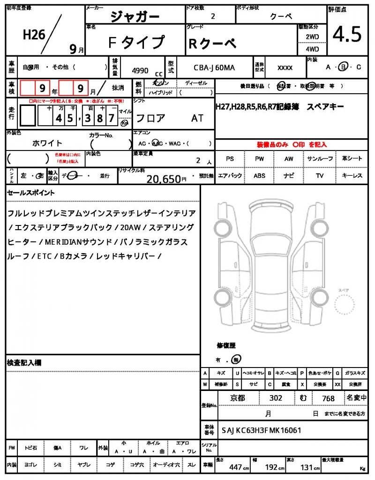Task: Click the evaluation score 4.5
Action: coord(347,34)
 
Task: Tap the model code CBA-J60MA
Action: coord(215,68)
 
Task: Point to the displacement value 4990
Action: coord(140,71)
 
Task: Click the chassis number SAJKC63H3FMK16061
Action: coord(261,430)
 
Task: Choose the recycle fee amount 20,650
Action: coord(164,179)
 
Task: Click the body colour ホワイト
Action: coord(47,143)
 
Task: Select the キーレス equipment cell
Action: coord(352,176)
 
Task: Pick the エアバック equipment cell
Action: coord(230,176)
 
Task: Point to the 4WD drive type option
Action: coord(312,49)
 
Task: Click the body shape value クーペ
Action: coord(281,16)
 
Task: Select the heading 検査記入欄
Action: coord(24,363)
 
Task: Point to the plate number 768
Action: coord(329,398)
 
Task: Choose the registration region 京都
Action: coord(237,398)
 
